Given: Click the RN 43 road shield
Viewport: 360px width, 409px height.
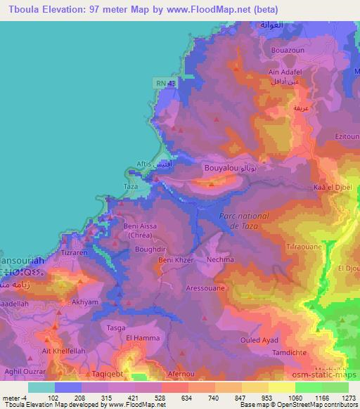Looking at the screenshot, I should click(x=163, y=84).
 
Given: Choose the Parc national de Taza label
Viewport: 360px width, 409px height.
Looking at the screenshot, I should click(x=239, y=221).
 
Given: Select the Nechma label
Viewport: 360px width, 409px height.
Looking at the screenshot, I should click(x=220, y=259).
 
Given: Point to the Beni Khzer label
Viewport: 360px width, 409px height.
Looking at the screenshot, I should click(x=175, y=260).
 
